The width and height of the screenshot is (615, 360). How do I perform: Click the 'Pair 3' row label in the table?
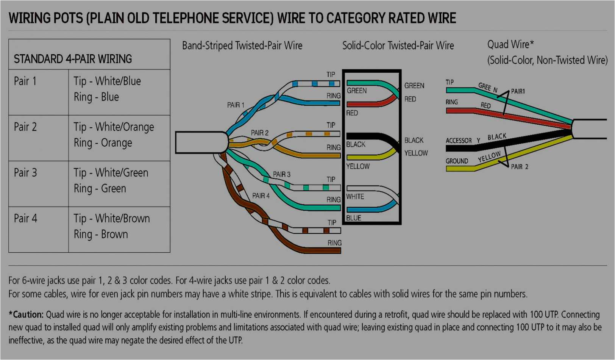(25, 173)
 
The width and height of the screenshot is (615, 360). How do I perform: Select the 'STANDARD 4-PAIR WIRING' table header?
(73, 59)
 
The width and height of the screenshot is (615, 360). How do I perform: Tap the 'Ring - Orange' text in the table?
(103, 143)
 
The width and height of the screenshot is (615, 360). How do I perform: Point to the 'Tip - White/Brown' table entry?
(112, 219)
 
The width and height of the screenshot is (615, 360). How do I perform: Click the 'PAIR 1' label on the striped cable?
(236, 105)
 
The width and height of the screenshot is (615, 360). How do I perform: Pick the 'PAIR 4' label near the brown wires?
(261, 196)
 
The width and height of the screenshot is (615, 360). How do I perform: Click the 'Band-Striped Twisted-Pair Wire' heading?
(242, 46)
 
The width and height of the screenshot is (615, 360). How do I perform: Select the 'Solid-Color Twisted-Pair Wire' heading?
(398, 46)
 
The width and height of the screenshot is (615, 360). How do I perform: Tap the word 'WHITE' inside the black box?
(355, 197)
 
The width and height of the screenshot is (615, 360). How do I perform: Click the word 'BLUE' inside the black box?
(353, 218)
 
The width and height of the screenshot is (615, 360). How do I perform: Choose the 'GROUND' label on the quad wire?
(457, 161)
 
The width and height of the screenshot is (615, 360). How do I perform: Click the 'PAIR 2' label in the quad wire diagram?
(519, 167)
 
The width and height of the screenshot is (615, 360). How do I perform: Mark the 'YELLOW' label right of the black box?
(416, 153)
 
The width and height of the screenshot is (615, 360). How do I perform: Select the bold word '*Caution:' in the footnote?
(26, 315)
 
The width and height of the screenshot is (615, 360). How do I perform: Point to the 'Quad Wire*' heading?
(510, 44)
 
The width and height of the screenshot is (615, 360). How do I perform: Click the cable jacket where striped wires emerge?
(201, 142)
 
